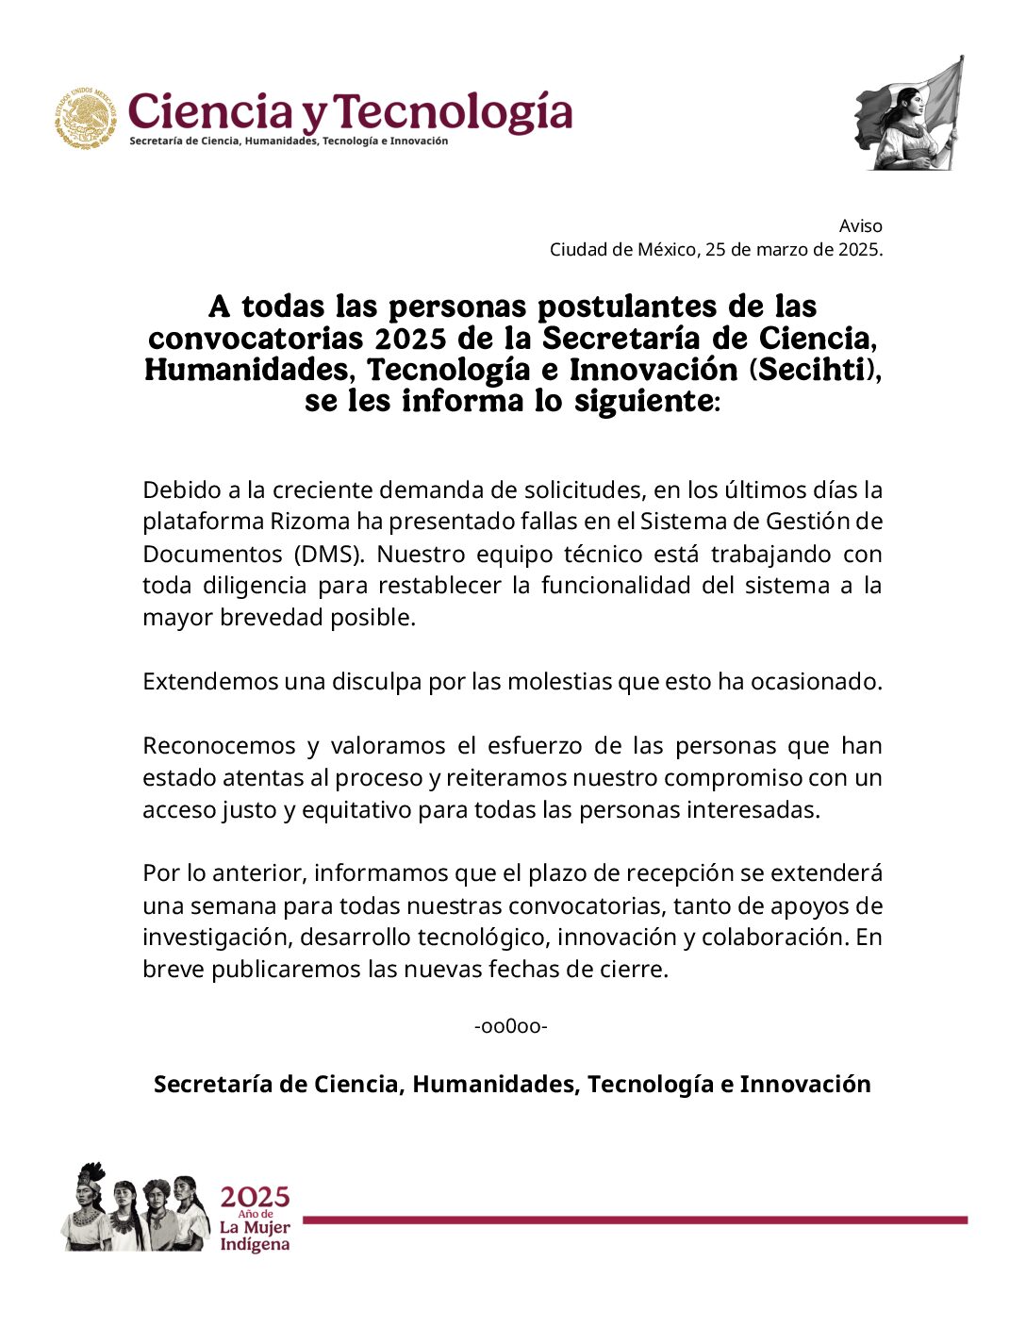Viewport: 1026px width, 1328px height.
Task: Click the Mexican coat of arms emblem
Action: [x=85, y=118]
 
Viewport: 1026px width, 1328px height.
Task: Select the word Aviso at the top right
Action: [x=861, y=225]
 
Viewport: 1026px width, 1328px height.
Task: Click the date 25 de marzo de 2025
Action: [x=793, y=250]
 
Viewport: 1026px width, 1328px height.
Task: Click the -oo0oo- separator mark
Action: [x=511, y=1025]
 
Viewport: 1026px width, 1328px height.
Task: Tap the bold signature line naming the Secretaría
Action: [x=512, y=1084]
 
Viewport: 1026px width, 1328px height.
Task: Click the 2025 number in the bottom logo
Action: [x=255, y=1197]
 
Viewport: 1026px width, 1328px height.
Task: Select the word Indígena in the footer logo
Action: [x=255, y=1245]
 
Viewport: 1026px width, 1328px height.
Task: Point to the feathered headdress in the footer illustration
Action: [x=91, y=1174]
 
